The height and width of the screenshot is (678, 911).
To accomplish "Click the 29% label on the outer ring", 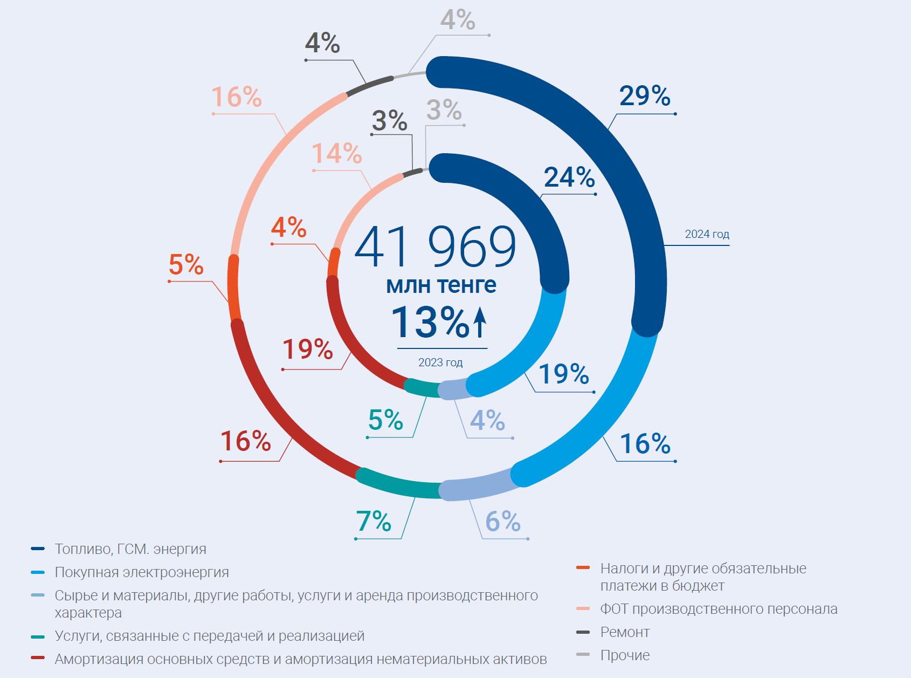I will (645, 96).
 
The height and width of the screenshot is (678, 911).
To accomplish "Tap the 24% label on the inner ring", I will (569, 177).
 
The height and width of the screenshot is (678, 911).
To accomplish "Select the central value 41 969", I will (435, 247).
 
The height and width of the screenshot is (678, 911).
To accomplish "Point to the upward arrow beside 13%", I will (480, 322).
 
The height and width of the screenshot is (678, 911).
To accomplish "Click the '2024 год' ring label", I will (707, 234).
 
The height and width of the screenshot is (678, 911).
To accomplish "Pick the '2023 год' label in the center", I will (440, 362).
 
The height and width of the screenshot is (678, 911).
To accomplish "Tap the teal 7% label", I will (374, 521).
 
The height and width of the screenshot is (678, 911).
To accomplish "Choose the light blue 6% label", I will (503, 521).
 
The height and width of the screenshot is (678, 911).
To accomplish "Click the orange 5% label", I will (186, 264).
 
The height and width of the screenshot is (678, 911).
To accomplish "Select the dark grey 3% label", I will (389, 120).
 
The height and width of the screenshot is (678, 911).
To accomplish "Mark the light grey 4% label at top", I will (458, 20).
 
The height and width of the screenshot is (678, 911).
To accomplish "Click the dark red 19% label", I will (307, 349).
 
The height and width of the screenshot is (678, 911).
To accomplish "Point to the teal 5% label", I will (385, 420).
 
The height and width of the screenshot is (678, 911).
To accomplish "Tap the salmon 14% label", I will (337, 153).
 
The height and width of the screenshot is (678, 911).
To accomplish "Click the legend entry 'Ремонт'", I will (625, 632).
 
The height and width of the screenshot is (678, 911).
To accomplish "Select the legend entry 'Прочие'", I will (625, 655).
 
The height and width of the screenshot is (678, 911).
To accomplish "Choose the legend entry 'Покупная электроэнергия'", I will (142, 572).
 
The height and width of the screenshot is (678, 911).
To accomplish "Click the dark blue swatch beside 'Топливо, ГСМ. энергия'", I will (38, 549).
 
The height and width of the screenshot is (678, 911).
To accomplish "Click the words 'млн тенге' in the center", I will (441, 285).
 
